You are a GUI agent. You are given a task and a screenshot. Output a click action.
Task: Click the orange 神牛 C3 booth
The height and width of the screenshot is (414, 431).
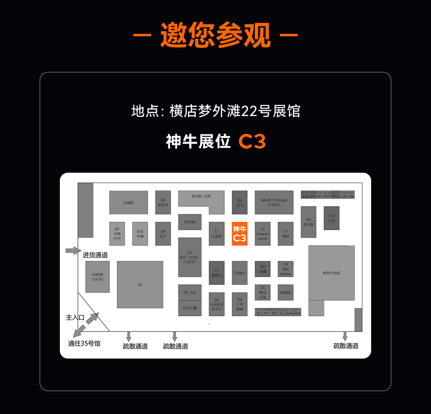[239, 234]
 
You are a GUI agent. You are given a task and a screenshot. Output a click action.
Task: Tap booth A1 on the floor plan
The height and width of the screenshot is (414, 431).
[140, 284]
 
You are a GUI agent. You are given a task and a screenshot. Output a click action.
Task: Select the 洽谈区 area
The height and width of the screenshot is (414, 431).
[129, 202]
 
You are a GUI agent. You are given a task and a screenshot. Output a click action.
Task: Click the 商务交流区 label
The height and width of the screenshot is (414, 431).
[331, 273]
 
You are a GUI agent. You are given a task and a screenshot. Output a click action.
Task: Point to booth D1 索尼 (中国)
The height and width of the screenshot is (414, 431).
[190, 257]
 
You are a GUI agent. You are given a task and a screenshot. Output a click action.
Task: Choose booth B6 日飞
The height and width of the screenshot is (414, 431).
[239, 202]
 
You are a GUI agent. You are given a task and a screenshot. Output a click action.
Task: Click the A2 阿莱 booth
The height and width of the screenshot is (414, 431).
[97, 276]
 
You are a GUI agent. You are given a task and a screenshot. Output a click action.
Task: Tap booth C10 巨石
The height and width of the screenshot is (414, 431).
[332, 218]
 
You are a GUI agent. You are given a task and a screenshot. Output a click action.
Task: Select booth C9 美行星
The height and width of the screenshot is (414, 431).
[308, 222]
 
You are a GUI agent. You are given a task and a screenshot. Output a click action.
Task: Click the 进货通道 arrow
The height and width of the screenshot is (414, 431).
[73, 250]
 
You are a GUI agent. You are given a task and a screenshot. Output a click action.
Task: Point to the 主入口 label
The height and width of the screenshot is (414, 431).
[75, 317]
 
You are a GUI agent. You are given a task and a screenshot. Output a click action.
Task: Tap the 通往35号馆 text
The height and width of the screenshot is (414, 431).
[84, 343]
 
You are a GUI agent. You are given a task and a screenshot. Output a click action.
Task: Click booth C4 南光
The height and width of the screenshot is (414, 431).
[239, 273]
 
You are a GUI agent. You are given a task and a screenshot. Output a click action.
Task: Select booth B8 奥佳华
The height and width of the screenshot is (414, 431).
[163, 202]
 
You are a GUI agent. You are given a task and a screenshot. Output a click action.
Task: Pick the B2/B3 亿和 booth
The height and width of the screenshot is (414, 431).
[201, 196]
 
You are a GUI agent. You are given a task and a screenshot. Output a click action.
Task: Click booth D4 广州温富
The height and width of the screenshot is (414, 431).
[239, 304]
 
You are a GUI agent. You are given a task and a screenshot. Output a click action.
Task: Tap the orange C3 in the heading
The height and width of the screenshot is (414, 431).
[252, 142]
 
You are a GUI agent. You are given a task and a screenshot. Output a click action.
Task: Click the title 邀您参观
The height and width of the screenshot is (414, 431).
[215, 35]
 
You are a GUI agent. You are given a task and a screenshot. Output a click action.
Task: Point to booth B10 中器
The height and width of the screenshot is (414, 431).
[140, 233]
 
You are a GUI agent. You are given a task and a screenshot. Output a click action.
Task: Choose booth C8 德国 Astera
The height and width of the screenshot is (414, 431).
[285, 269]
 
